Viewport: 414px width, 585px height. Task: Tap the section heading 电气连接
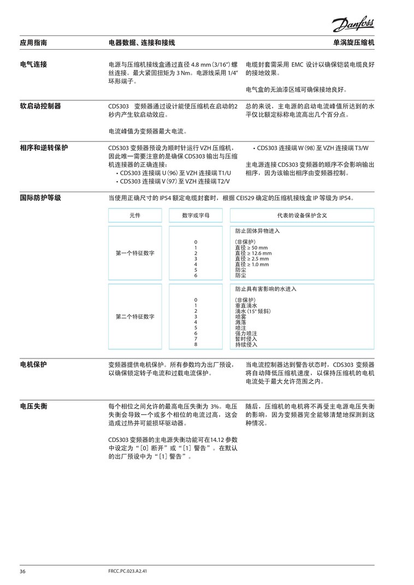33,64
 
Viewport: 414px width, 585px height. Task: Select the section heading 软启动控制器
40,105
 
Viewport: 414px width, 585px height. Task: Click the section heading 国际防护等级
40,198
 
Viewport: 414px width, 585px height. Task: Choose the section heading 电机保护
33,364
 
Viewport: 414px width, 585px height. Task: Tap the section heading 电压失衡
33,407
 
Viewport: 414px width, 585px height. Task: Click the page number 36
23,571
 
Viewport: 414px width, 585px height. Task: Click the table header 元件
135,216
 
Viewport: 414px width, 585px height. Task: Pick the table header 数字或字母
196,216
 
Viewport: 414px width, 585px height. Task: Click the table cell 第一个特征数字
135,253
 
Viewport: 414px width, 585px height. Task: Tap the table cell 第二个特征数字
135,317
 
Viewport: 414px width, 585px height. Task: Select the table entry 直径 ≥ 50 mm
251,248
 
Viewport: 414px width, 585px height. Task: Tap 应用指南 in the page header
33,42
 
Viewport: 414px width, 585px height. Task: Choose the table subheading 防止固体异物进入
257,231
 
